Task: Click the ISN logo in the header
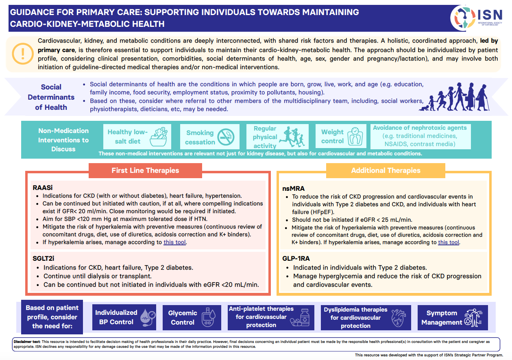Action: [x=476, y=18]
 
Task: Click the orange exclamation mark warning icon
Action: [x=23, y=54]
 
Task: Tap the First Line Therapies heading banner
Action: [x=145, y=170]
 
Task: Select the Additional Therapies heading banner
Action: [x=386, y=170]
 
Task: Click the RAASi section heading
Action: [x=43, y=188]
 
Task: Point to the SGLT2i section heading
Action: [x=44, y=259]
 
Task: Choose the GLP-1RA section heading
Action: [x=296, y=259]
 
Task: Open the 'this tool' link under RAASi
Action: [x=174, y=242]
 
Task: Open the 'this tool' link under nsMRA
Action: [x=449, y=242]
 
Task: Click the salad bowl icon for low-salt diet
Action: [x=159, y=137]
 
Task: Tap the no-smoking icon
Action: [x=226, y=137]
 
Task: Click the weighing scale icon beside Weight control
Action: [x=355, y=136]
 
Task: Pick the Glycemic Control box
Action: [x=192, y=317]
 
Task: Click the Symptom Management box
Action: [x=453, y=317]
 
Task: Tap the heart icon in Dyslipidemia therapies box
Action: [x=399, y=318]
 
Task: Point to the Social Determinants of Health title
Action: [x=51, y=97]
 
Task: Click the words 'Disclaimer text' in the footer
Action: [x=27, y=342]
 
